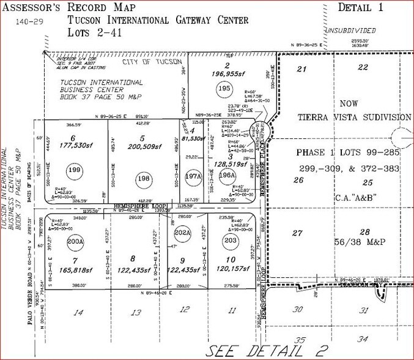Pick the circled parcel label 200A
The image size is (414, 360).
click(x=75, y=241)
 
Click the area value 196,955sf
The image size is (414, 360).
click(x=227, y=77)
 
